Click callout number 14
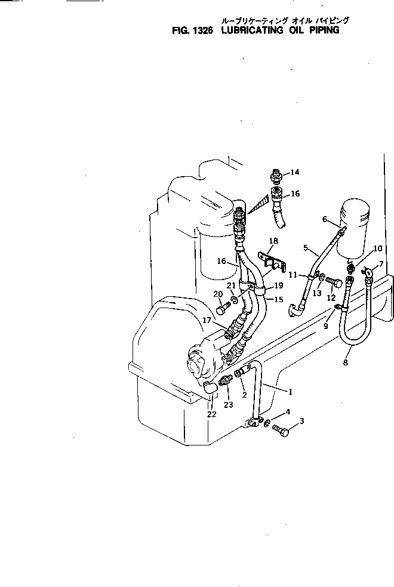pos(295,173)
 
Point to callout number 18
pos(273,241)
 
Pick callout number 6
pos(325,219)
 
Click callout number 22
pos(211,414)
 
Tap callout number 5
pos(305,247)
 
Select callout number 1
pos(290,392)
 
